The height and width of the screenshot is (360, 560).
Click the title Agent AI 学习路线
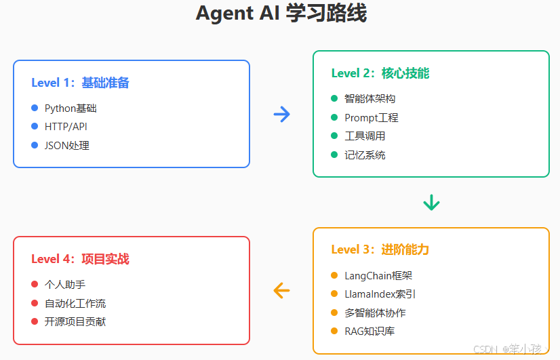(281, 14)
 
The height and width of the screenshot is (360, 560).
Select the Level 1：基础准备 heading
(80, 83)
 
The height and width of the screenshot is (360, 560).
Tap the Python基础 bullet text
(71, 108)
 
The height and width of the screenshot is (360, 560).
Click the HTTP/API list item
(66, 127)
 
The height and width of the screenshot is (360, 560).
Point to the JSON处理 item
(66, 145)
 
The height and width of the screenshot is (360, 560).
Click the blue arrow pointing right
(281, 114)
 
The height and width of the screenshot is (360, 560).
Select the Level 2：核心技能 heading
(380, 73)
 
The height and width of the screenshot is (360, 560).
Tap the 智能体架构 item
(369, 98)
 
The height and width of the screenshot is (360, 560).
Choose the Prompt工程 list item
(371, 117)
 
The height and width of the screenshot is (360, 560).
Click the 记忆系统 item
(365, 155)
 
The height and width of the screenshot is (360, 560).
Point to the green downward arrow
(431, 202)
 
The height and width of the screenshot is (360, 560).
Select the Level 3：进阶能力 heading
(380, 249)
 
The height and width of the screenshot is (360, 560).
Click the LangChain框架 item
(378, 275)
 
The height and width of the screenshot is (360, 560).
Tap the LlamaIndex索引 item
(380, 294)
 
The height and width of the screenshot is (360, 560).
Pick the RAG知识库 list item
(370, 331)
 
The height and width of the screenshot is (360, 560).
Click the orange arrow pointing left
(281, 290)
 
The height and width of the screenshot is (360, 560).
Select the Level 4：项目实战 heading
(80, 259)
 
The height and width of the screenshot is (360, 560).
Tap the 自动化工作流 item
(75, 303)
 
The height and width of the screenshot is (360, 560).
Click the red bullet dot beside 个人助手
(35, 284)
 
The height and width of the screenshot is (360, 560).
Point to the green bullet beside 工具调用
(334, 136)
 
